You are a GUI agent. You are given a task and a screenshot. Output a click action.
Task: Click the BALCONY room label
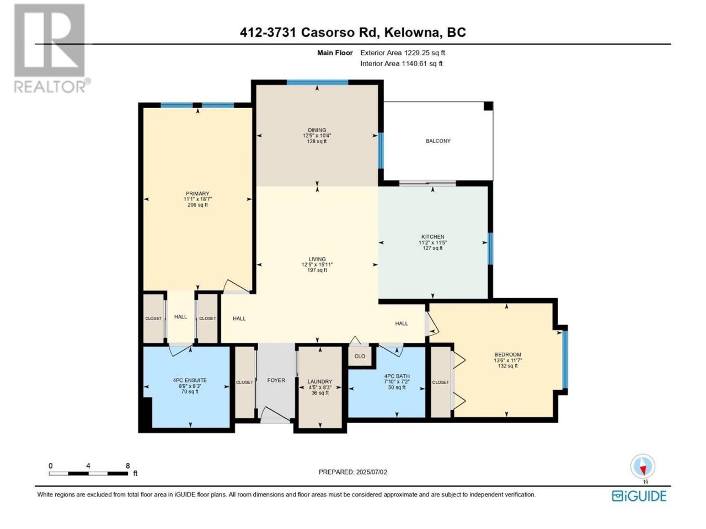pos(438,141)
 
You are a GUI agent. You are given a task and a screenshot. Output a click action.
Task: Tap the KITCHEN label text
pos(432,237)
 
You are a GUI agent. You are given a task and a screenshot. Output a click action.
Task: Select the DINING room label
pos(317,130)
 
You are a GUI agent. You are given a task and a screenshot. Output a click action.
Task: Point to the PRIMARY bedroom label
pos(197,193)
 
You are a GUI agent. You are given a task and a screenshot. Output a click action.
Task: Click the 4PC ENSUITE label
pos(190,380)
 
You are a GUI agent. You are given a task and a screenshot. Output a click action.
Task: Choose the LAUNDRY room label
pos(319,381)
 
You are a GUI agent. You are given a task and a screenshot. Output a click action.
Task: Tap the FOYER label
pos(276,380)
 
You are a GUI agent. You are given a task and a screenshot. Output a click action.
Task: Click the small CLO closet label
pos(360,356)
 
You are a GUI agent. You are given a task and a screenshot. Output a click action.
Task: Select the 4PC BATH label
pos(397,376)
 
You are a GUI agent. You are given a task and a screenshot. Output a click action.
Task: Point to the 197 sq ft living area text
pos(317,270)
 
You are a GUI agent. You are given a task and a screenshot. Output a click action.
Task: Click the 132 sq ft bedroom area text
pos(507,365)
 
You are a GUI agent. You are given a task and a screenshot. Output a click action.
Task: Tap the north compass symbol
pos(643,466)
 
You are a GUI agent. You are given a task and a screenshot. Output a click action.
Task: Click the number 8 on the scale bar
pos(128,466)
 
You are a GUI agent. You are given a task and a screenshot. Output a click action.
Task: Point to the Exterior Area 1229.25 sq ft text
pos(403,53)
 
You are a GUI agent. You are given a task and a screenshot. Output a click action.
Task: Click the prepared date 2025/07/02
pos(371,472)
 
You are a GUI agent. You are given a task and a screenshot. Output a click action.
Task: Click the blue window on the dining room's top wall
pos(317,83)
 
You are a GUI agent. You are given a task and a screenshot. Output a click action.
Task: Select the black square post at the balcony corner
pos(488,106)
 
